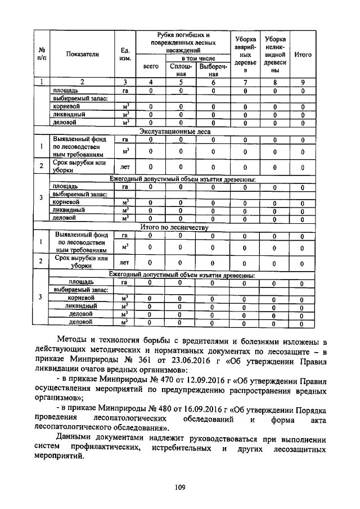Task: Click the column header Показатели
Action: pos(82,55)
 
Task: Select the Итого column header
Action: pos(303,55)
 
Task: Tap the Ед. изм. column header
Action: pos(125,55)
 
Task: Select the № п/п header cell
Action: pos(42,55)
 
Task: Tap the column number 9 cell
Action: pos(303,83)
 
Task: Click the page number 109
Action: pos(179,487)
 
